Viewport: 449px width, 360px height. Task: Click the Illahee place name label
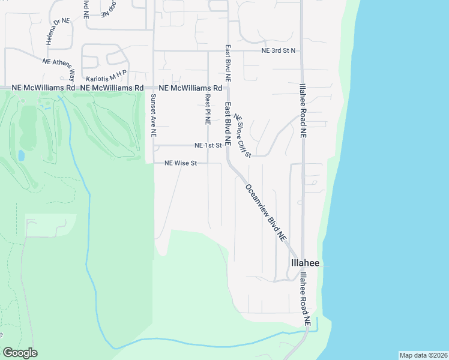tap(305, 263)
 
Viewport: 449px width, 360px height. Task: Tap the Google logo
tap(20, 353)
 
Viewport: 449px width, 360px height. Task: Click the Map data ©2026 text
tap(423, 355)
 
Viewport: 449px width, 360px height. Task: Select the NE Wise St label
tap(181, 163)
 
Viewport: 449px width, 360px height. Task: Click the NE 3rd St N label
tap(279, 51)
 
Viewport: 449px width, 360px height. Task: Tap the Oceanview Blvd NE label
tap(265, 212)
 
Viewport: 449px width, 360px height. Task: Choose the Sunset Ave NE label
tap(154, 116)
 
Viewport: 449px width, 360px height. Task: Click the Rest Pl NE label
tap(208, 108)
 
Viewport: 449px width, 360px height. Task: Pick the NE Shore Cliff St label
tap(242, 136)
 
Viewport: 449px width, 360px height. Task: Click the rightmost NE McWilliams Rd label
tap(188, 88)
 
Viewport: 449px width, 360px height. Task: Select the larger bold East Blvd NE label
tap(228, 125)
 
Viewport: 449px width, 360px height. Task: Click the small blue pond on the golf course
tap(21, 155)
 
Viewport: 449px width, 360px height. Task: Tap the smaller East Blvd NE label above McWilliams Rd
tap(228, 63)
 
